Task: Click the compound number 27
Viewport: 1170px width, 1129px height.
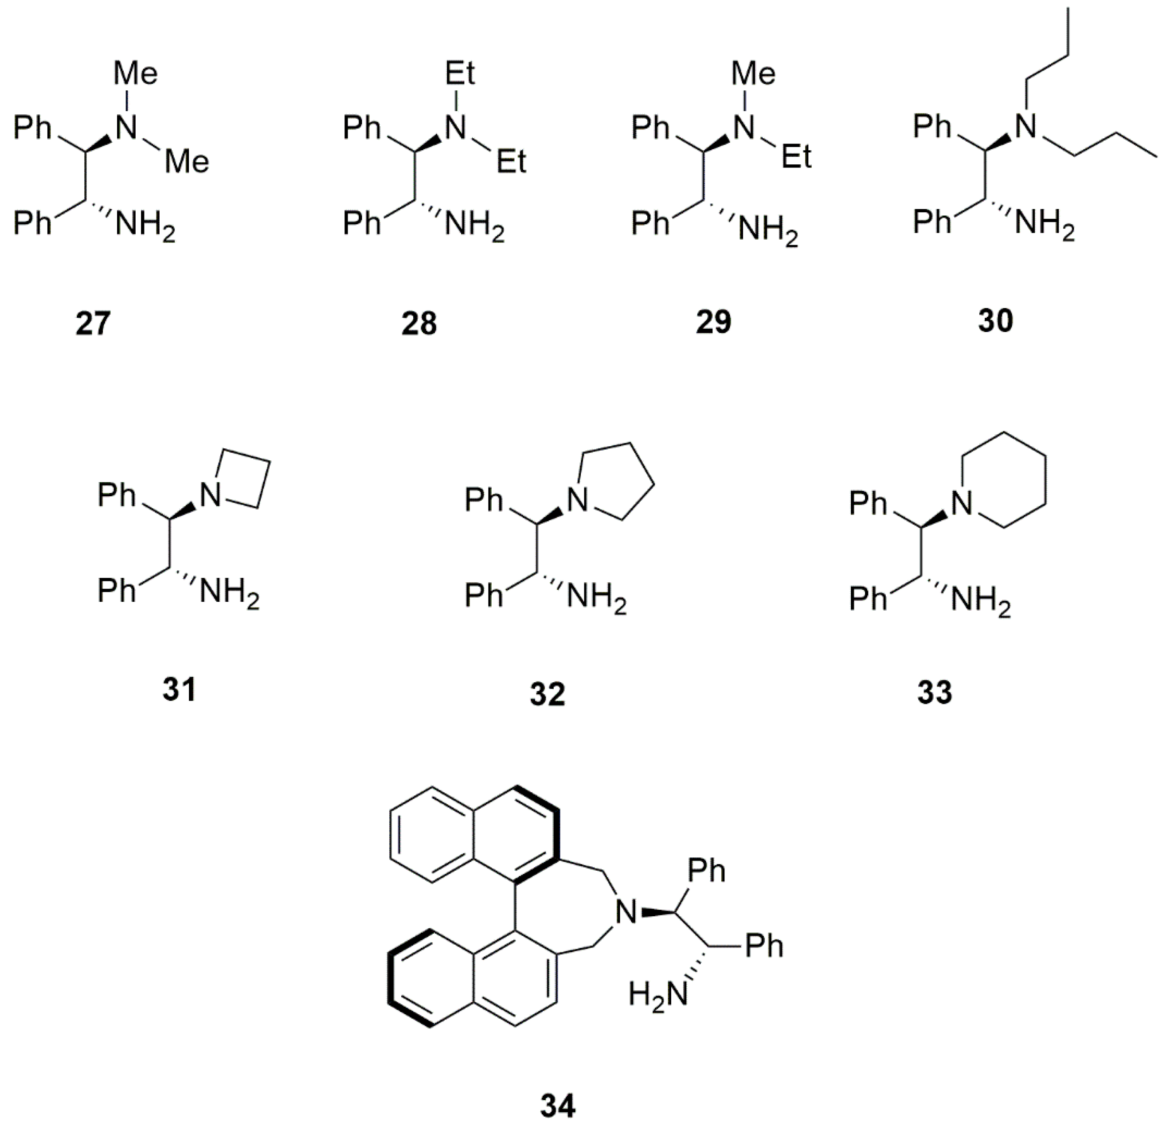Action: (x=93, y=323)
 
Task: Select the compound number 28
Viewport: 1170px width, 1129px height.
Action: (x=419, y=323)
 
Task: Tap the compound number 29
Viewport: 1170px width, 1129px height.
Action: (x=713, y=322)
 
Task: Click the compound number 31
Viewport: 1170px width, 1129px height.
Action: (x=179, y=690)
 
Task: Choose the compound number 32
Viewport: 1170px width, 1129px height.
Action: (x=547, y=693)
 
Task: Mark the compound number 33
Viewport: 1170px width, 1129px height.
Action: (x=935, y=692)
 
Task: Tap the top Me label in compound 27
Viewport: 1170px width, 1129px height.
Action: (x=136, y=74)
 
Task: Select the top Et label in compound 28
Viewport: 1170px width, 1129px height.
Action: (x=460, y=74)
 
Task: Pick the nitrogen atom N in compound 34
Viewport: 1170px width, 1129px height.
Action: (x=626, y=912)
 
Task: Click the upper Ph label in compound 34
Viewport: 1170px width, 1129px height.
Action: (x=706, y=871)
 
